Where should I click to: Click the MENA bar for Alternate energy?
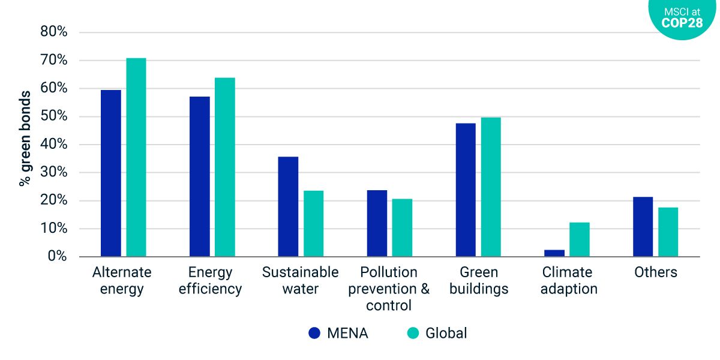(111, 173)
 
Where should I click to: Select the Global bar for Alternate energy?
(136, 158)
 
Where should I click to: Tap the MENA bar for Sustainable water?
(288, 207)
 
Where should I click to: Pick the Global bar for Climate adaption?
(580, 240)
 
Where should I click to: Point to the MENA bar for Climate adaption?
(554, 253)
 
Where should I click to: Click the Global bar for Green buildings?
(491, 187)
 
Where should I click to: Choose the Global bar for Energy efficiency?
(225, 167)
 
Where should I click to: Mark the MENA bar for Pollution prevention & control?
(377, 224)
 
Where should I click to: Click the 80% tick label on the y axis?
(53, 32)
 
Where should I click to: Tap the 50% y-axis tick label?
(53, 116)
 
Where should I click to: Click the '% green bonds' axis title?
(25, 139)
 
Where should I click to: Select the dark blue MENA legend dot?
(314, 333)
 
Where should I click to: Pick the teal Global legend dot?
(413, 333)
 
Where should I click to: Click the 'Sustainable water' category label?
(301, 280)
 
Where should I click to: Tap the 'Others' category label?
(656, 272)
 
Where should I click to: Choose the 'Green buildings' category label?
(478, 280)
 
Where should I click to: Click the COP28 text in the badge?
(682, 23)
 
